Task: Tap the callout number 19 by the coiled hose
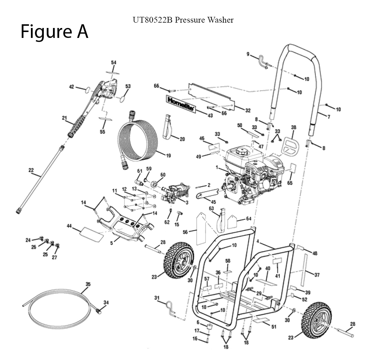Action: tap(168, 156)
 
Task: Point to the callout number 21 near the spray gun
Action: tap(65, 118)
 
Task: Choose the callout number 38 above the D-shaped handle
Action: tap(293, 127)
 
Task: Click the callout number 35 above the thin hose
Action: tap(88, 284)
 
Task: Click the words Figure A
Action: tap(54, 32)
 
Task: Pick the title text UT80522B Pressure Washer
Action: tap(183, 20)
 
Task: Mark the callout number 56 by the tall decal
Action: tap(185, 232)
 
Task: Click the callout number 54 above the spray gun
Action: tap(114, 63)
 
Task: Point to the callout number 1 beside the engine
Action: tap(218, 168)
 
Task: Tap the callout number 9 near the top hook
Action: tap(248, 54)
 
